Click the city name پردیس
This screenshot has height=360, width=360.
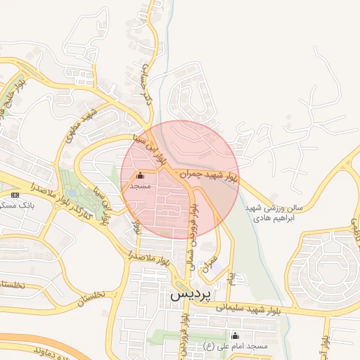pyautogui.click(x=191, y=295)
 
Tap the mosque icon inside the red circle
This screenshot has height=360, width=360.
pyautogui.click(x=140, y=176)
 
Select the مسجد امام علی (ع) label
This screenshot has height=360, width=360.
pyautogui.click(x=236, y=347)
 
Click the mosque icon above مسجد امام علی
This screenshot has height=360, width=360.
pyautogui.click(x=235, y=335)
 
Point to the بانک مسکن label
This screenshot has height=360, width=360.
pyautogui.click(x=15, y=205)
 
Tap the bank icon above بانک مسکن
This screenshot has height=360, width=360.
pyautogui.click(x=15, y=194)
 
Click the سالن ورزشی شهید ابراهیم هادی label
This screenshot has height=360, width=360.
pyautogui.click(x=274, y=214)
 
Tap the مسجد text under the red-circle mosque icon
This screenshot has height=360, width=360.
pyautogui.click(x=141, y=186)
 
